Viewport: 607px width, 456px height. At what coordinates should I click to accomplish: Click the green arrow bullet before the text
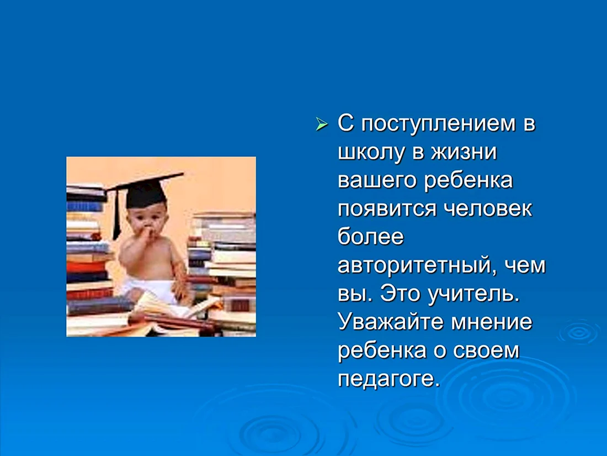tap(321, 124)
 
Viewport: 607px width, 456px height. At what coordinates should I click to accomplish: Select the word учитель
tap(473, 294)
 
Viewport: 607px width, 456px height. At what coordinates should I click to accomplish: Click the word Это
tap(400, 294)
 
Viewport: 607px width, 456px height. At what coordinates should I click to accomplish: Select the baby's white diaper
tap(149, 289)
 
